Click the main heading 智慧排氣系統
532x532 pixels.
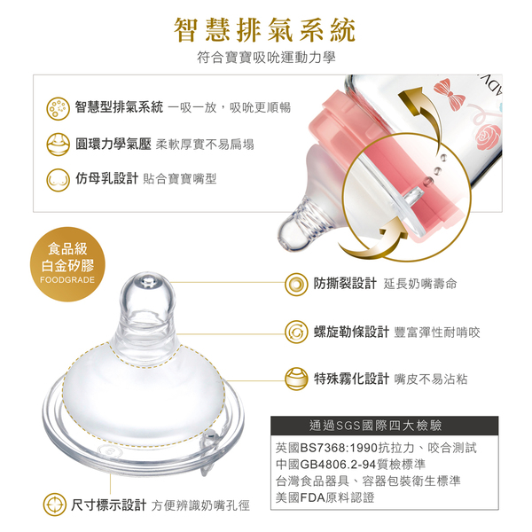pyautogui.click(x=265, y=30)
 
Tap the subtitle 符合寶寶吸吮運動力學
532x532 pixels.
pyautogui.click(x=266, y=58)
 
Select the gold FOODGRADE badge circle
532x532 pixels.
pyautogui.click(x=67, y=264)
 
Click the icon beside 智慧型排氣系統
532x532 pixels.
pyautogui.click(x=58, y=108)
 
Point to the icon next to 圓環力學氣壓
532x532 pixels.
pyautogui.click(x=58, y=145)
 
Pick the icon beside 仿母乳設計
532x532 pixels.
pyautogui.click(x=58, y=180)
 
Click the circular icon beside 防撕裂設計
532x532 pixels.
pyautogui.click(x=296, y=284)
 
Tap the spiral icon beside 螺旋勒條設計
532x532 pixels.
pyautogui.click(x=296, y=332)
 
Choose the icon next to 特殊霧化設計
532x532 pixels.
pyautogui.click(x=296, y=379)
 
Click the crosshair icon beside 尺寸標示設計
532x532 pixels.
pyautogui.click(x=55, y=505)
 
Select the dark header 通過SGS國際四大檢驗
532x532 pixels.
pyautogui.click(x=385, y=426)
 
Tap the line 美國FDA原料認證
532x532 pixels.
pyautogui.click(x=325, y=497)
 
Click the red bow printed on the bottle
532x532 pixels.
pyautogui.click(x=450, y=93)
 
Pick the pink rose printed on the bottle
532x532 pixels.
pyautogui.click(x=489, y=137)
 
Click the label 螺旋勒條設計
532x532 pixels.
pyautogui.click(x=351, y=332)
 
